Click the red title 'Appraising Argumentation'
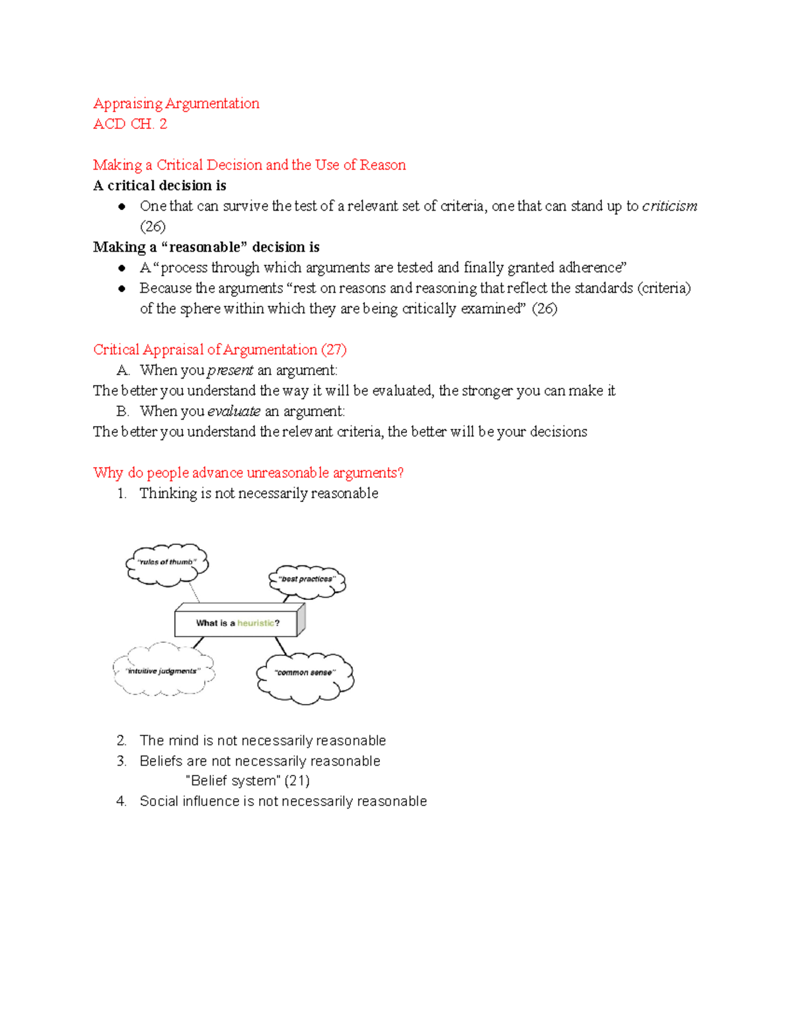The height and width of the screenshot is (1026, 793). click(176, 104)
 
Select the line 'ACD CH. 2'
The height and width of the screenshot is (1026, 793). click(130, 124)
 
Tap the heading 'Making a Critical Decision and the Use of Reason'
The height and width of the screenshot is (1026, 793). click(249, 165)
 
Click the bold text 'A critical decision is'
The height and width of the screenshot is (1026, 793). click(159, 186)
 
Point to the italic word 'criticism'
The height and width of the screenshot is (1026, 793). click(669, 206)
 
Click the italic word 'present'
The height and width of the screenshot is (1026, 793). click(230, 370)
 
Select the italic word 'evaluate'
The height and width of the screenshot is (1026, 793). click(233, 411)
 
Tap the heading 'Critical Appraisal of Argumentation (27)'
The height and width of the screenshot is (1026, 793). click(219, 349)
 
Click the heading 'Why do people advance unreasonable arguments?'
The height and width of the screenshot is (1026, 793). click(248, 472)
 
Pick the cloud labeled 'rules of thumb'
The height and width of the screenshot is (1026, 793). click(167, 563)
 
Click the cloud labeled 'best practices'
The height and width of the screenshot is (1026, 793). click(307, 580)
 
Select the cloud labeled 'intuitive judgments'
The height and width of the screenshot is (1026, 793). click(163, 671)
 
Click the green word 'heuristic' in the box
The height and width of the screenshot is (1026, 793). click(255, 623)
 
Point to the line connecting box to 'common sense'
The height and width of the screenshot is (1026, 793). click(281, 646)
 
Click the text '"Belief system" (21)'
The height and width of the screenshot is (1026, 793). click(247, 781)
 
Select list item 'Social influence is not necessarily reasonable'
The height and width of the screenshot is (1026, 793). click(283, 801)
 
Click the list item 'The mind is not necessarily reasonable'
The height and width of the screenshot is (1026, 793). click(262, 741)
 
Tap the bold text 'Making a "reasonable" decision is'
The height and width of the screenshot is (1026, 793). click(206, 247)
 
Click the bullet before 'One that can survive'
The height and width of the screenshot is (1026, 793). click(122, 207)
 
